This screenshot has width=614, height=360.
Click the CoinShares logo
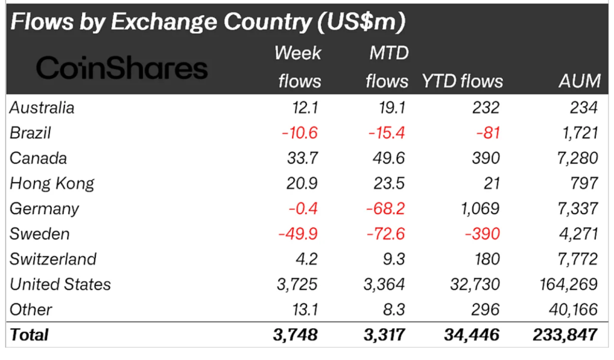click(x=122, y=68)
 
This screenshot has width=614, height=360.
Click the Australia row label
click(x=42, y=108)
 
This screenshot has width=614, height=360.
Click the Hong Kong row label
click(x=52, y=183)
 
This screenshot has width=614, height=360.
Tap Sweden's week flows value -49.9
click(x=298, y=234)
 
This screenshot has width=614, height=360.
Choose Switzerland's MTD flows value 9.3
click(x=393, y=259)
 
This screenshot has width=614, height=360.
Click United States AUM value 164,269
click(x=568, y=284)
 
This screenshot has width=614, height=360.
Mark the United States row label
click(x=60, y=284)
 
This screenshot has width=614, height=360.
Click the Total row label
click(x=29, y=334)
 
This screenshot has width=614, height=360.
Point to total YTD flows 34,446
click(x=471, y=335)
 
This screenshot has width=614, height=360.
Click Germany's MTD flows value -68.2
click(x=386, y=208)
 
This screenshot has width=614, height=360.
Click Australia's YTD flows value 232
click(x=486, y=108)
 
